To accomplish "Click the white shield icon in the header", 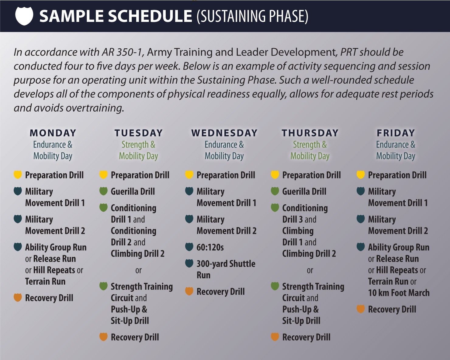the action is pos(24,16).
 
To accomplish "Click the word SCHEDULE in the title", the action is pos(150,16).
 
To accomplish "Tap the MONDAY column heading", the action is pos(53,133).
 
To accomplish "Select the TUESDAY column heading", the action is pos(138,133).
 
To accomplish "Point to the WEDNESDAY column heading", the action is pos(224,133).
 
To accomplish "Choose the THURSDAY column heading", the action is pos(310,133).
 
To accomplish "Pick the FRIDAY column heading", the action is pos(396,133).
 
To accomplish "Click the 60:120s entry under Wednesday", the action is pos(210,247).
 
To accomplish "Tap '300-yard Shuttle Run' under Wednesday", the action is pos(226,269).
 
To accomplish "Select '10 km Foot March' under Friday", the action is pos(399,293).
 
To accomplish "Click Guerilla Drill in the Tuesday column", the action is pos(133,191).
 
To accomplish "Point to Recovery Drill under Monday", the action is pos(49,298).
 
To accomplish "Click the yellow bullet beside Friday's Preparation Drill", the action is pos(361,175).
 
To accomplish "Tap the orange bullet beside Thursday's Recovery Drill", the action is pos(275,337).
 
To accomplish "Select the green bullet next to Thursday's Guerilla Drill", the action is pos(275,191).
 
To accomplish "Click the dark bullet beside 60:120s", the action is pos(189,247).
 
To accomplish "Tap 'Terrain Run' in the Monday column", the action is pos(45,282).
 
